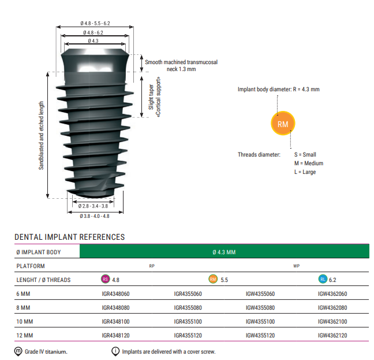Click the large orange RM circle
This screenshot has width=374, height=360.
tap(283, 124)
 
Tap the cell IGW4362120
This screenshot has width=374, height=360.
tap(332, 335)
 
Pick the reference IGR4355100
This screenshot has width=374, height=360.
tap(188, 321)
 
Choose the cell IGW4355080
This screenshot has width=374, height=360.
tap(260, 307)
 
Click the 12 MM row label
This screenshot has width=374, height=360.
tap(24, 335)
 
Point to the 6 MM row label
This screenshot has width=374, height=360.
tap(23, 294)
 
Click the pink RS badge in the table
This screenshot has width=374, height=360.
tap(105, 280)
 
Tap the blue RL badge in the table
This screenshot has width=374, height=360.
tap(323, 280)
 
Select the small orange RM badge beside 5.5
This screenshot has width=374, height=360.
tap(213, 280)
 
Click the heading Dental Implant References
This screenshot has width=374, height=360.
tap(69, 237)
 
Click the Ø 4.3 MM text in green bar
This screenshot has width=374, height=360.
tap(224, 252)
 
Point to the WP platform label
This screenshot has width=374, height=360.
tap(296, 266)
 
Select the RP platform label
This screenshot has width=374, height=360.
tap(152, 266)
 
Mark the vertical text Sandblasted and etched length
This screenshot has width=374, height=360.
tap(42, 136)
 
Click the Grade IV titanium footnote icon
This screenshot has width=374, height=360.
tap(18, 351)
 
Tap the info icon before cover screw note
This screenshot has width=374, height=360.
tap(115, 351)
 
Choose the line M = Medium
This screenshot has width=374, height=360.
tap(309, 163)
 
